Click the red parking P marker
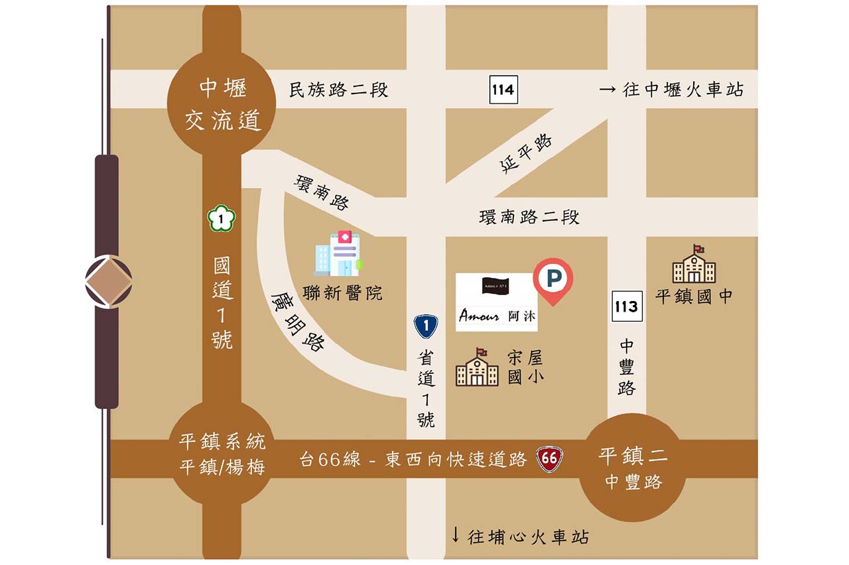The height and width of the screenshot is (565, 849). point(552,279)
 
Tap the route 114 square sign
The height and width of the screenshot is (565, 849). point(503,89)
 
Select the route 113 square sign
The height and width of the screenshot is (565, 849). point(626,306)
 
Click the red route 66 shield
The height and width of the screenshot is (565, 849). point(549,458)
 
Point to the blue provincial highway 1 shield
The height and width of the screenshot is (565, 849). point(426,326)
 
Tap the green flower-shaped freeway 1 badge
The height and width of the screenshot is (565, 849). point(220,218)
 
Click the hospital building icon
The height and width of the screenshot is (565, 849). point(338,253)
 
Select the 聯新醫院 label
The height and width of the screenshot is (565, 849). point(342,292)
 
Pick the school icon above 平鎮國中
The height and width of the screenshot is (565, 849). point(694,265)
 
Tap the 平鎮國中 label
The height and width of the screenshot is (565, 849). point(694,296)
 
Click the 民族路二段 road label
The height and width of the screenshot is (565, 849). point(339,90)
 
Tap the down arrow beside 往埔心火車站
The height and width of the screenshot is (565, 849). point(456,535)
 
